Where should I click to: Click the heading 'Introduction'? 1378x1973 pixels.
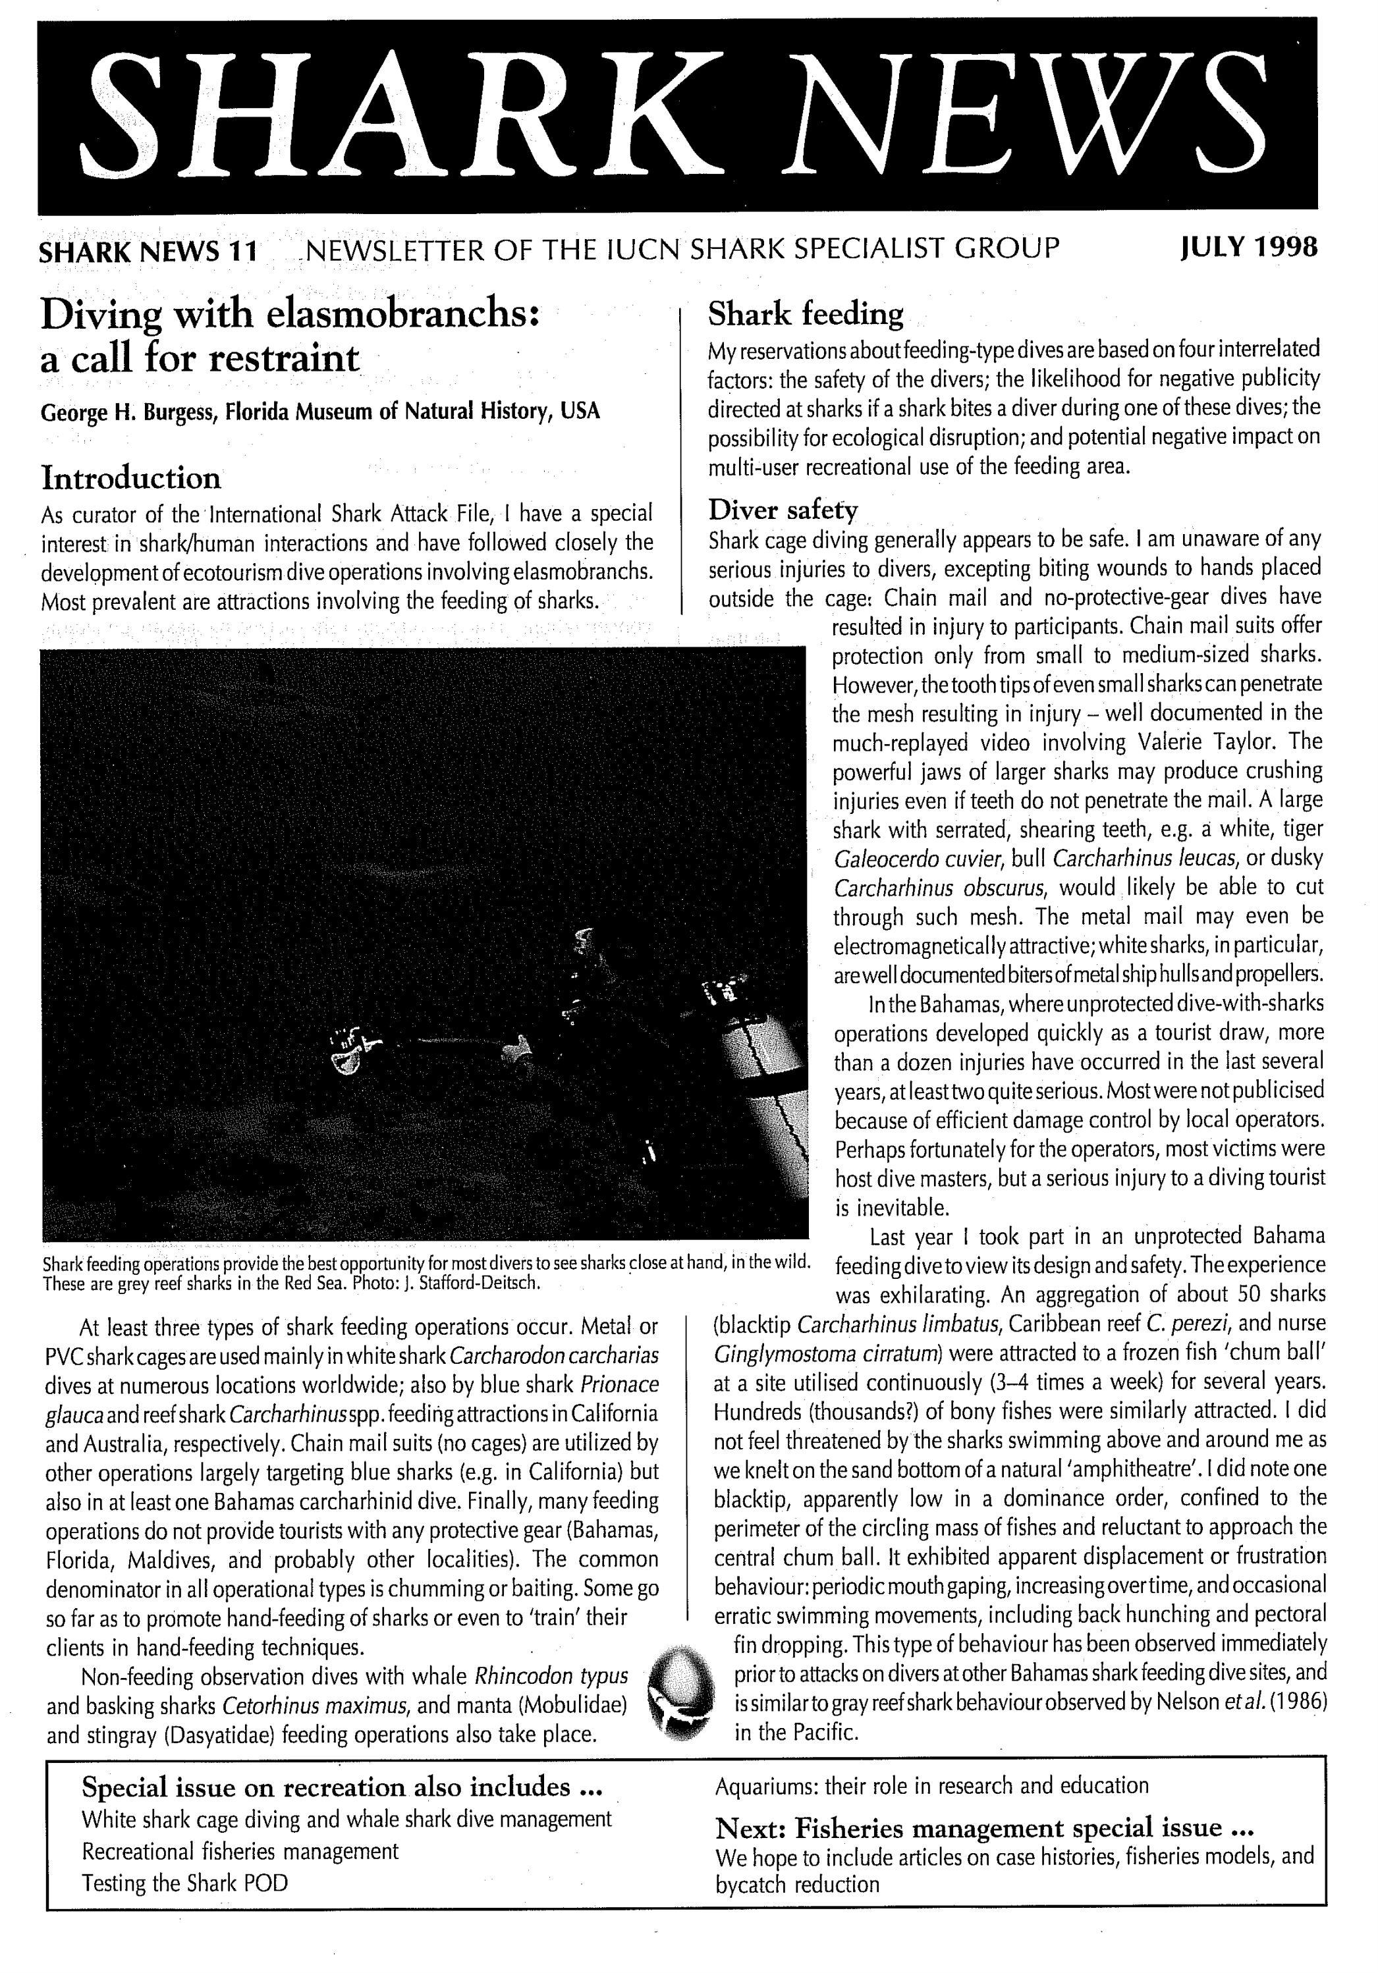click(130, 478)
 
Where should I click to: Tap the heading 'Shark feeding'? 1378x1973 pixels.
click(805, 315)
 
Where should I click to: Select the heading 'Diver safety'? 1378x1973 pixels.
click(783, 510)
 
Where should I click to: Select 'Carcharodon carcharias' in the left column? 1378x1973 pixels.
click(553, 1356)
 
